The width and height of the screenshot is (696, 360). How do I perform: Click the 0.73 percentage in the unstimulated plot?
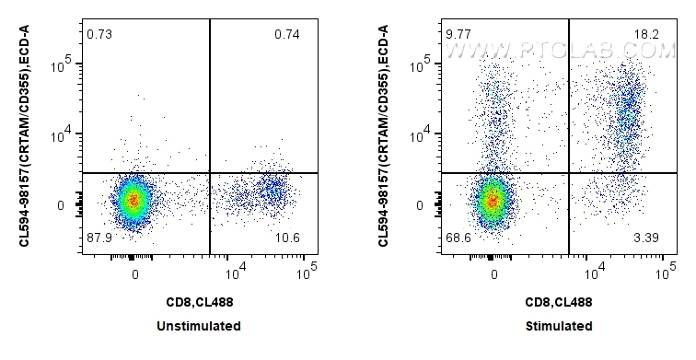click(x=99, y=34)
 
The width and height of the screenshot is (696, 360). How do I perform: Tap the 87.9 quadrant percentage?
click(x=99, y=239)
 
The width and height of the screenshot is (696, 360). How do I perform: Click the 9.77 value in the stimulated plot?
click(x=458, y=34)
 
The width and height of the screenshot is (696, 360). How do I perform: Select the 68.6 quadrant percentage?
click(x=458, y=239)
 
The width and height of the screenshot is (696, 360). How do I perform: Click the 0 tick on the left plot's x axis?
click(x=135, y=273)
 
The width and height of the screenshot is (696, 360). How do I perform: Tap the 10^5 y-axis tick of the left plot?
click(x=63, y=64)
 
